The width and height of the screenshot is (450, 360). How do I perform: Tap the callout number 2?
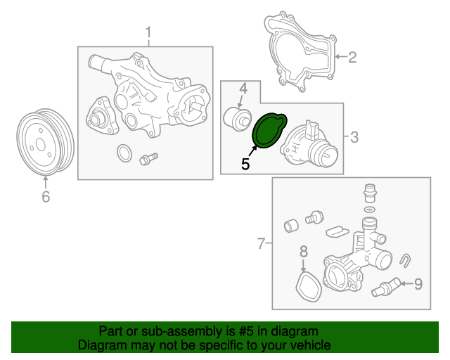(352, 57)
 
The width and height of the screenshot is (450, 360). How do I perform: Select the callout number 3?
(354, 137)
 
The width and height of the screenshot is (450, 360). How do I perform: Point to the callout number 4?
(243, 89)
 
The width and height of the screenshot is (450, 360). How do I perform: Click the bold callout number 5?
(245, 165)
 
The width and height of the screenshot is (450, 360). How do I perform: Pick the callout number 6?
(46, 197)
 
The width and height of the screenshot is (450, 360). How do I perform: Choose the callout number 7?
(261, 244)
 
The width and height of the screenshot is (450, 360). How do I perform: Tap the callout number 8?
(304, 252)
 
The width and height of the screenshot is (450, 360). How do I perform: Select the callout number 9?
(418, 284)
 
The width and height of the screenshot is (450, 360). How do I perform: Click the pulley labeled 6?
(44, 141)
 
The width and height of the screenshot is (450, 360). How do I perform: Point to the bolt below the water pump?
(148, 159)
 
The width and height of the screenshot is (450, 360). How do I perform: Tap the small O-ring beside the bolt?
(124, 153)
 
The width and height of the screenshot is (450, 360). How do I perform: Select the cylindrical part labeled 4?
(238, 119)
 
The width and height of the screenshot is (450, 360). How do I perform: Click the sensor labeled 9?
(385, 287)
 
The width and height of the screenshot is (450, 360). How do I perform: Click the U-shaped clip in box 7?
(406, 261)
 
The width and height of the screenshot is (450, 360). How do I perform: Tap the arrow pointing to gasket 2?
(341, 56)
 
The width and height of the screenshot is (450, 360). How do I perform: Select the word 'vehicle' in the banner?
(312, 345)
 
